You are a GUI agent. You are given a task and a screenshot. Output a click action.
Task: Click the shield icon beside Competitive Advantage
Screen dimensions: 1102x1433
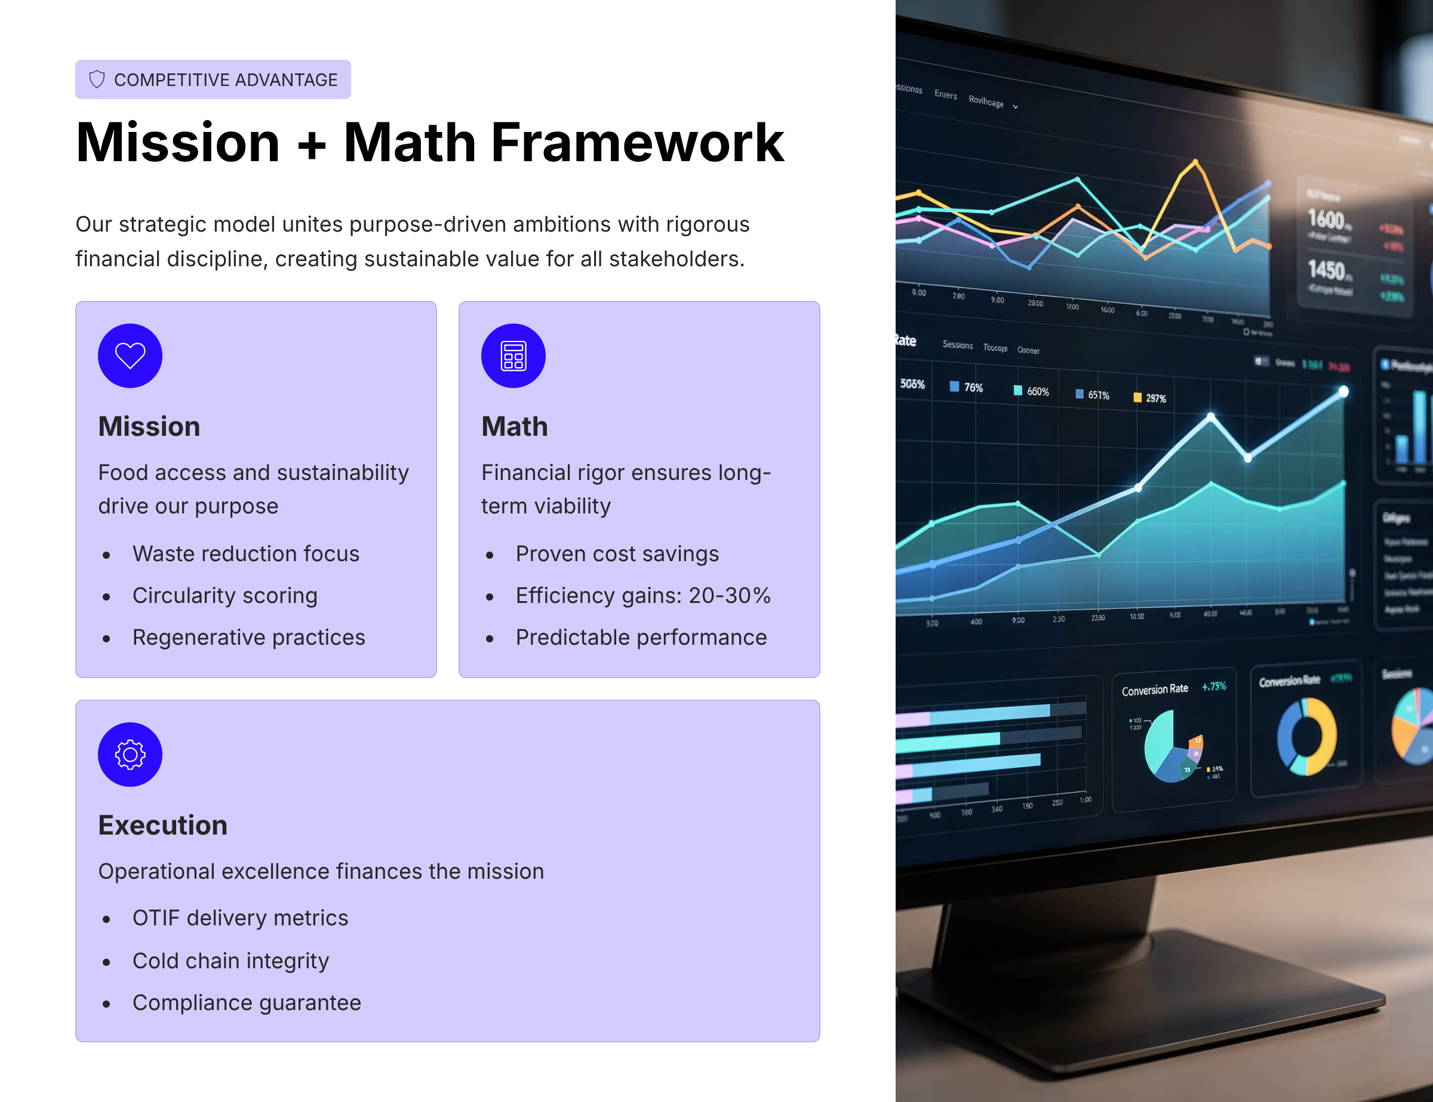97,79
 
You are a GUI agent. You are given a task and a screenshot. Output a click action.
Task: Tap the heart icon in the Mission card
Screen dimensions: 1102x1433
130,356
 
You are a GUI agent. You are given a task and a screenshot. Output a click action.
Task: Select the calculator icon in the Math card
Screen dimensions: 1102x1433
513,356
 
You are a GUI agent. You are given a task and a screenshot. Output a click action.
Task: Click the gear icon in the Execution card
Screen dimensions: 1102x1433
130,755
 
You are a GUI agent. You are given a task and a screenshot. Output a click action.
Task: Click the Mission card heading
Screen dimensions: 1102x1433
149,426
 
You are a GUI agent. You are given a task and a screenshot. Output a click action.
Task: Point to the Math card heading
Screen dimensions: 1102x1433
515,426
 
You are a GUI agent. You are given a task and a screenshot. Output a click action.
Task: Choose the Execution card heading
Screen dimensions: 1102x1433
163,825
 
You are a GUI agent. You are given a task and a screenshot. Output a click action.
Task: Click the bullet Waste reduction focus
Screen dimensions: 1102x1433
245,553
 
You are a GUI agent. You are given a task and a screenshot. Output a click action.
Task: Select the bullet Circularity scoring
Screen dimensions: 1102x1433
225,596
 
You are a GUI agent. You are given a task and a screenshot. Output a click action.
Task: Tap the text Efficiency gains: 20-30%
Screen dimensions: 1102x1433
642,596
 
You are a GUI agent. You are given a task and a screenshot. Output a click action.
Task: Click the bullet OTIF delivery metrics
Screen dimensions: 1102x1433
240,918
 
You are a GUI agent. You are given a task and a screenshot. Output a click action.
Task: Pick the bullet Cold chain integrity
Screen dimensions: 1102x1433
230,961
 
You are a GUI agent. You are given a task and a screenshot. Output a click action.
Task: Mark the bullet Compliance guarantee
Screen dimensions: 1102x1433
247,1002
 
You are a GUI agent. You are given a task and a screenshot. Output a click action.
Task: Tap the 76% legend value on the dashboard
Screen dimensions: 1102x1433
973,387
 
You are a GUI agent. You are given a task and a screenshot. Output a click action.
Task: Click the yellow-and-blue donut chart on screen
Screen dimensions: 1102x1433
1306,736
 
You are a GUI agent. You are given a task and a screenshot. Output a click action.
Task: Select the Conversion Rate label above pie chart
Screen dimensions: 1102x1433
1154,689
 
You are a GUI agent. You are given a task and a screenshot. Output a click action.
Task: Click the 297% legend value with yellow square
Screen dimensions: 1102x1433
1155,398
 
